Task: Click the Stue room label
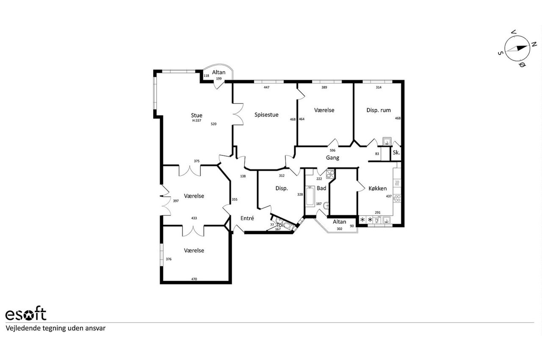[196, 115]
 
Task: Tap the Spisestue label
[266, 115]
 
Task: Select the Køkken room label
[377, 188]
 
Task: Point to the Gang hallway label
[332, 158]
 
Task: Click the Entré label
[247, 218]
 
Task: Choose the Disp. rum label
[379, 110]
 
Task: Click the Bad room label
[321, 188]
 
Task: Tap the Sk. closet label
[396, 152]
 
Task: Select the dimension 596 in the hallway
[333, 150]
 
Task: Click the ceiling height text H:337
[197, 120]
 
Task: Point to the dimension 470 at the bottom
[194, 279]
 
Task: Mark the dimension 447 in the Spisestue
[266, 87]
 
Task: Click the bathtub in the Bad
[310, 196]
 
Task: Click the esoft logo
[26, 314]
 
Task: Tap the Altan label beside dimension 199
[219, 72]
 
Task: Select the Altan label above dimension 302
[339, 222]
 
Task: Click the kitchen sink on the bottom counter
[387, 220]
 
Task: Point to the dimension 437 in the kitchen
[389, 196]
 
